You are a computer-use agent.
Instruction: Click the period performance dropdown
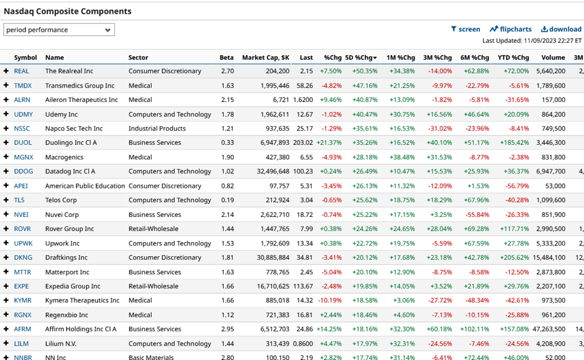click(x=59, y=30)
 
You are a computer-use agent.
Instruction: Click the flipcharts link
click(x=511, y=29)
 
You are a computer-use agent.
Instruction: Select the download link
click(x=561, y=29)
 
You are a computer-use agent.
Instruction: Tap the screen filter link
click(x=465, y=29)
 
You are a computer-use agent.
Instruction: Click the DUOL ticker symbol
click(x=23, y=143)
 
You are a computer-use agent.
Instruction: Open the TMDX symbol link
click(x=23, y=86)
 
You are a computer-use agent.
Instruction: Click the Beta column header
click(x=227, y=58)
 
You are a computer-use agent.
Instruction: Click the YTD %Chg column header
click(x=513, y=58)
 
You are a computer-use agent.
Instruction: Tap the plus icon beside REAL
click(x=6, y=72)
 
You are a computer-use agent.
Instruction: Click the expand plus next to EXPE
click(x=6, y=287)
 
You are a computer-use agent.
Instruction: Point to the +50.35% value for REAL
click(x=365, y=72)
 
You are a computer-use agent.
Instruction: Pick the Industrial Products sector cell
click(x=157, y=129)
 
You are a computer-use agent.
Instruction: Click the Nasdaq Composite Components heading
click(x=68, y=11)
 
